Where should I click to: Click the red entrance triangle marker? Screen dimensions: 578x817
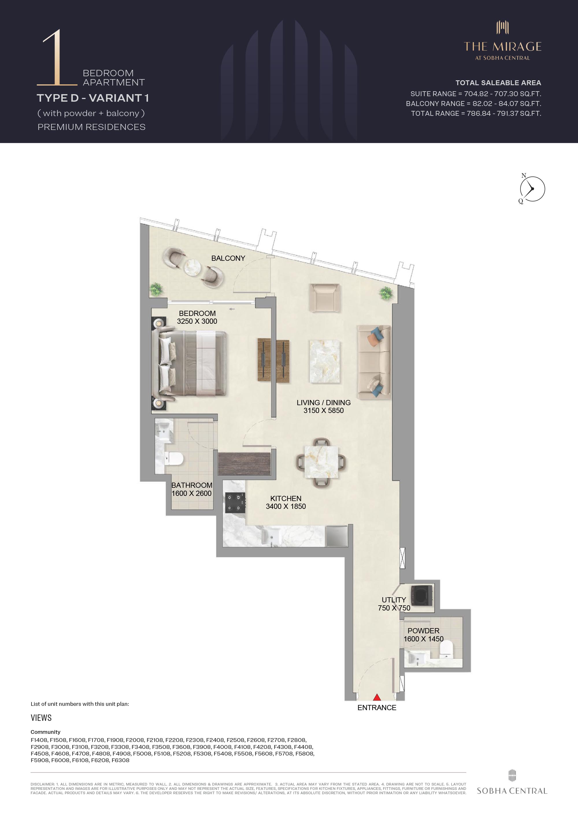(377, 697)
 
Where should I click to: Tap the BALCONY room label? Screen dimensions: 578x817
(228, 258)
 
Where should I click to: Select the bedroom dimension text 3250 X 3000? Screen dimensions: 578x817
(197, 321)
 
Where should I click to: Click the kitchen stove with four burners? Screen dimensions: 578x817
(235, 503)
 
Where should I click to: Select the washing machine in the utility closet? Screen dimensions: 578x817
(422, 595)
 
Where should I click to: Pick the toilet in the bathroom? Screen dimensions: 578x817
(174, 459)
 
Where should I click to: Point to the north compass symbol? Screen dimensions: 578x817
(532, 189)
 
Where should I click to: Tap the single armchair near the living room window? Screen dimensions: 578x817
(324, 298)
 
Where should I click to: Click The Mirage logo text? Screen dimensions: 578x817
(503, 46)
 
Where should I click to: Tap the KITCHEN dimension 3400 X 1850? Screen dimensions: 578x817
(286, 506)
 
